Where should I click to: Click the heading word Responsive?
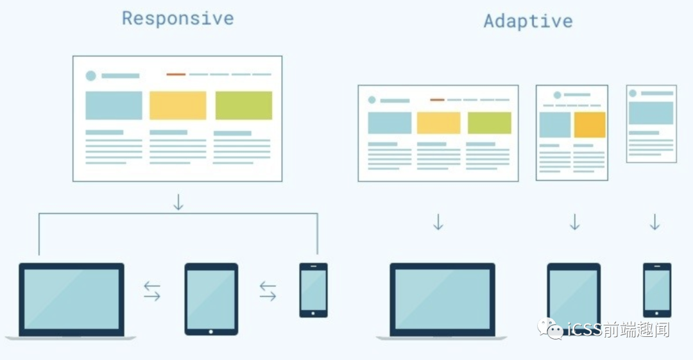(178, 19)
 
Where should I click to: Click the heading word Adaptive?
(527, 21)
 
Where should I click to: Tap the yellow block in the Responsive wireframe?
(178, 105)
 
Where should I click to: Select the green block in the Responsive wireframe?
(243, 105)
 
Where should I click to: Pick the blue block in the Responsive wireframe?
(114, 105)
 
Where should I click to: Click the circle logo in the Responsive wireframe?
(91, 76)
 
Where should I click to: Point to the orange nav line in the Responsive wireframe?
(176, 74)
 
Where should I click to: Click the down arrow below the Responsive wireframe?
(178, 202)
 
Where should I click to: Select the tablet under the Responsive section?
(211, 298)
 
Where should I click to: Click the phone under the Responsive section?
(313, 289)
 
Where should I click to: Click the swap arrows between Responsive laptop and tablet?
(152, 291)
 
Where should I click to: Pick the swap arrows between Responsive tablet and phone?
(268, 291)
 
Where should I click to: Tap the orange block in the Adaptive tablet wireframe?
(590, 124)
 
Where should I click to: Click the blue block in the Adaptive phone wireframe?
(651, 112)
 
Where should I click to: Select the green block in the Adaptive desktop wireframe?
(489, 123)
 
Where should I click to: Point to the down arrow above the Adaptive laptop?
(438, 222)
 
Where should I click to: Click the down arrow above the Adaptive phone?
(654, 222)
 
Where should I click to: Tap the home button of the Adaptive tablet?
(574, 329)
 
